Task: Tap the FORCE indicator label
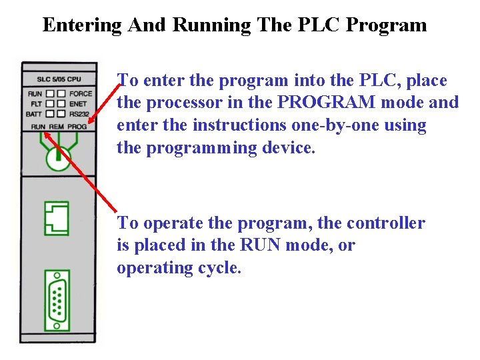pos(81,94)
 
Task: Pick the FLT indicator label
pos(36,104)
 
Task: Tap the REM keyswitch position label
pos(57,126)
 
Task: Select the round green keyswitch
pos(59,157)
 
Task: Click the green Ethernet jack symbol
pos(57,218)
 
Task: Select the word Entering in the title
pos(82,25)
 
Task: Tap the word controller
pos(386,223)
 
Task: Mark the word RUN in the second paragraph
pos(259,245)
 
